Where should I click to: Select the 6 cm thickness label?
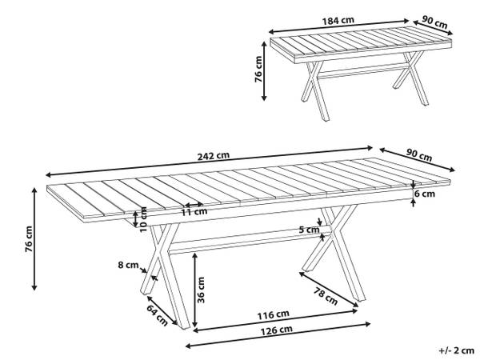(x=424, y=193)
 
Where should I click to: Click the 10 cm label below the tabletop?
(x=144, y=216)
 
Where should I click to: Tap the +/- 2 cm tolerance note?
(x=454, y=350)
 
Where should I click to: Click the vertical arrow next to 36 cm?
(x=194, y=289)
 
